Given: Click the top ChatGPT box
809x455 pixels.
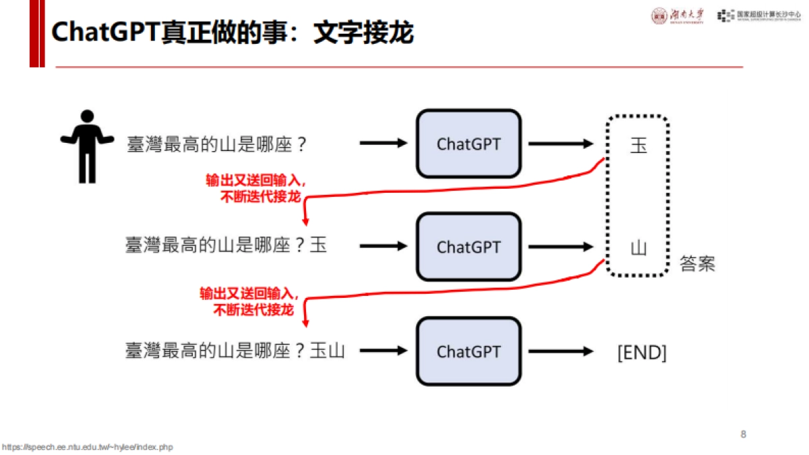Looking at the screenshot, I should click(469, 144).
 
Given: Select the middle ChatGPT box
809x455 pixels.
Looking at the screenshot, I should click(469, 247).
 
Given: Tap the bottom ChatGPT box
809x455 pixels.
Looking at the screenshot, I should click(469, 351).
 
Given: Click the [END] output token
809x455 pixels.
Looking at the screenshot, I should click(641, 352).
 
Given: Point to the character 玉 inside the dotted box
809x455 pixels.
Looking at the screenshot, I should click(638, 144).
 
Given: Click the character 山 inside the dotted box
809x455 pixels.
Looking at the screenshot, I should click(638, 247).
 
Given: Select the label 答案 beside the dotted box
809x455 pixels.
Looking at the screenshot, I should click(697, 264).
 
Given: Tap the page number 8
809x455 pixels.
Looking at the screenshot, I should click(743, 434).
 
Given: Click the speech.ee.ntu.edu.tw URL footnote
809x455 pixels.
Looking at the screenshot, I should click(87, 448).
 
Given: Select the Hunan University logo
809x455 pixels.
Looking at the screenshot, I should click(678, 16).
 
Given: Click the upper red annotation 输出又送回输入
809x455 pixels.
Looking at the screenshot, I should click(256, 181).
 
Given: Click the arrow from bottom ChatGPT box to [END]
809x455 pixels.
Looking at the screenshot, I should click(560, 351).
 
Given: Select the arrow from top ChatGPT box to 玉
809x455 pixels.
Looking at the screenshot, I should click(560, 144).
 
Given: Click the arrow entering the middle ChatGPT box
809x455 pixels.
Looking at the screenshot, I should click(383, 247).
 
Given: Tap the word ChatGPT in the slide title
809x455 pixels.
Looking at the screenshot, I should click(104, 32).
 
